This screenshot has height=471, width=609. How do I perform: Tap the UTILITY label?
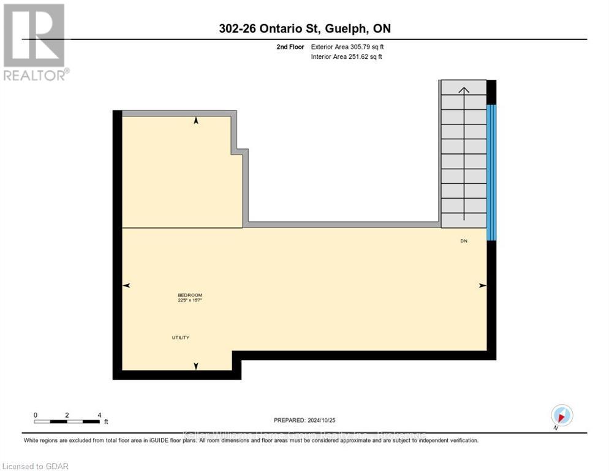pos(180,338)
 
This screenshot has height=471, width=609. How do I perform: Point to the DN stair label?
pos(464,241)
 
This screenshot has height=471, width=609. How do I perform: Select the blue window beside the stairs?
pos(491,172)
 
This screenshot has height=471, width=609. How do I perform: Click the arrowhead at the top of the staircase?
pos(464,90)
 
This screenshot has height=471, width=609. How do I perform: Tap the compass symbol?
pos(562,416)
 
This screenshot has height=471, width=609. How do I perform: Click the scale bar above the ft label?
pos(67,421)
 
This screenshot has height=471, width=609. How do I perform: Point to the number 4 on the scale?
pos(99,415)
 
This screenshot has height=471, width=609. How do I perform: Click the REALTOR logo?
pos(34,42)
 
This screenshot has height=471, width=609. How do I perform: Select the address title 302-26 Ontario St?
pos(304,28)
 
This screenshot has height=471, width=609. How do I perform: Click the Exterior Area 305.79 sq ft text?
pos(347,47)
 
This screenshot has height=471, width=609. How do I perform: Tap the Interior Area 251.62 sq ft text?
pos(347,57)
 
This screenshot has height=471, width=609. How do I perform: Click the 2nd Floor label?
pos(290,47)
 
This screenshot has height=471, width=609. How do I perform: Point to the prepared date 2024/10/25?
pos(304,420)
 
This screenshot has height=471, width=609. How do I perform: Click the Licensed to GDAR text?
pos(35,467)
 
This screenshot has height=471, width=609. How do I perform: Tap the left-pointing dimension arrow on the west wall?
pos(126,286)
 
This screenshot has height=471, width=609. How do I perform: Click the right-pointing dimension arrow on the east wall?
pos(483,286)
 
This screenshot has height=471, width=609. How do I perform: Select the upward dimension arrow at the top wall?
pos(196,121)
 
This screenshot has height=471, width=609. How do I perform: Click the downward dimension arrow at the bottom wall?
pos(196,366)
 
